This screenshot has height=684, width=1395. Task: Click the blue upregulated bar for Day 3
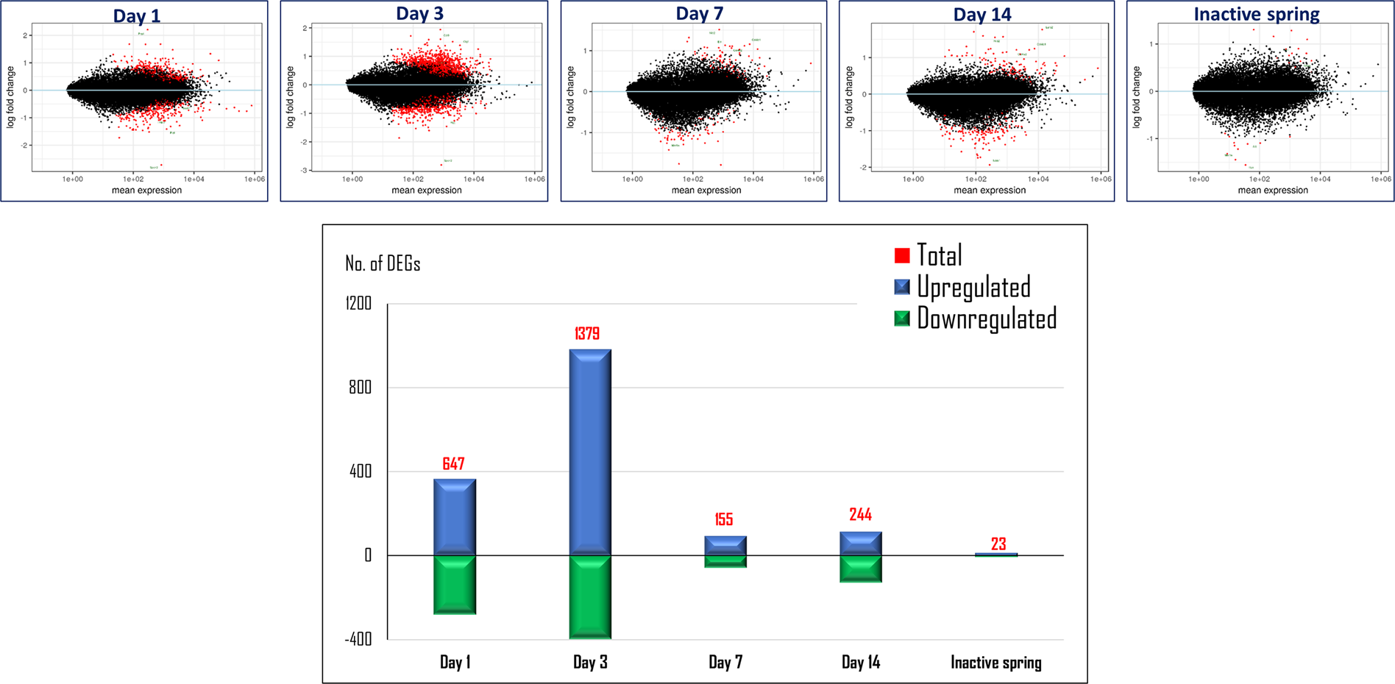(x=590, y=452)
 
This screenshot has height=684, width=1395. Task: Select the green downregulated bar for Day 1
(x=455, y=585)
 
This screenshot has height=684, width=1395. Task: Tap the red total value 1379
(x=587, y=334)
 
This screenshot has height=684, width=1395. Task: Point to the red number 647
(x=453, y=463)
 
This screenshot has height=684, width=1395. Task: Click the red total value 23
(x=998, y=544)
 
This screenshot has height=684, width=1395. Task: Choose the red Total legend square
(x=902, y=256)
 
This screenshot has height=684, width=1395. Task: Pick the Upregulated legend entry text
(x=973, y=288)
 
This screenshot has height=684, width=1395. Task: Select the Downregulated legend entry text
(x=986, y=319)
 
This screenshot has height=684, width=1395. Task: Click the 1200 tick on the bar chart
(x=359, y=304)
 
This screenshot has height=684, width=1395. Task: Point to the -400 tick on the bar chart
(x=358, y=639)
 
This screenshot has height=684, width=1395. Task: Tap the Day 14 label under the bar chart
(x=861, y=663)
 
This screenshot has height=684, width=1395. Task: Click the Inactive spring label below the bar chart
(x=995, y=663)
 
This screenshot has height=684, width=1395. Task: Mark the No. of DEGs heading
(x=383, y=264)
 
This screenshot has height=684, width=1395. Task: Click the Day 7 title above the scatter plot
(x=699, y=14)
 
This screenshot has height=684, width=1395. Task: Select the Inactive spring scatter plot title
(x=1256, y=14)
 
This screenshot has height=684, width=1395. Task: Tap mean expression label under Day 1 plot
(x=146, y=190)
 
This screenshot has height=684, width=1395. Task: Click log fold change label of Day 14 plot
(x=849, y=97)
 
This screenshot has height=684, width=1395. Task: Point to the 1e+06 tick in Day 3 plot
(x=534, y=179)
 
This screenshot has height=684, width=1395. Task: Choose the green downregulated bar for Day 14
(x=861, y=569)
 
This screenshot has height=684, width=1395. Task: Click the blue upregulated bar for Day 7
(x=725, y=545)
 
